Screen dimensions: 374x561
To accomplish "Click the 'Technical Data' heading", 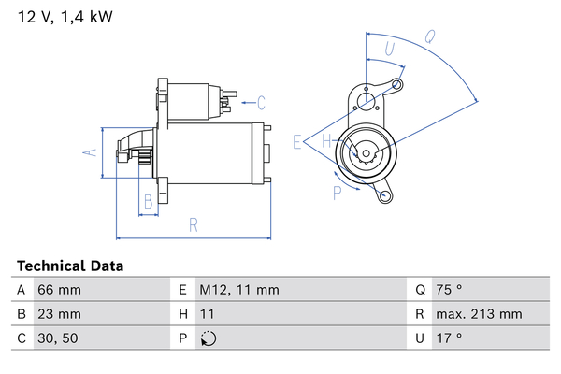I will [70, 266].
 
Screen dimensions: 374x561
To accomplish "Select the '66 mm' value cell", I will [58, 290].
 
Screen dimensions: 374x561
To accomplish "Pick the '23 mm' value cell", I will [58, 314].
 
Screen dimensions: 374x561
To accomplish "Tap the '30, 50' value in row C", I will [56, 338].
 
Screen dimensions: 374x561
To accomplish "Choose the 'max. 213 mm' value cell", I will [481, 314].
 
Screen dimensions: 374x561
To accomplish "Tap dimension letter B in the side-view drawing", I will [148, 201].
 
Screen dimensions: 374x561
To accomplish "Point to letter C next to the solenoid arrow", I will [262, 102].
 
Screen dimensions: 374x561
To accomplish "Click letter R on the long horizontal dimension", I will [193, 224].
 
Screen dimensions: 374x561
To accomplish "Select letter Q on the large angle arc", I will [429, 38].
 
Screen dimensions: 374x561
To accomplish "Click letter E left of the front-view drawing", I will [296, 142].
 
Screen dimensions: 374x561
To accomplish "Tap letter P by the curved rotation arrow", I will [338, 194].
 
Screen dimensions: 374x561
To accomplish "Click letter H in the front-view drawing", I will [327, 142].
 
